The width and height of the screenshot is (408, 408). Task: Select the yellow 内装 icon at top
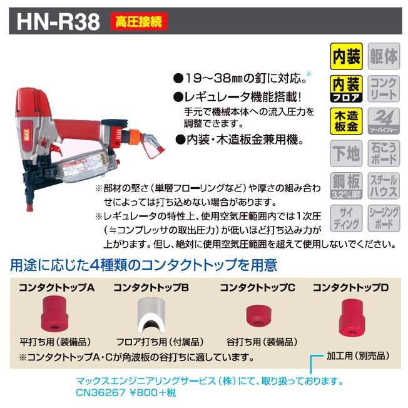[345, 58]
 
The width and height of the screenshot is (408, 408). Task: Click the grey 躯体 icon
[383, 58]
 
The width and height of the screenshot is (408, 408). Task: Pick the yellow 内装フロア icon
[345, 89]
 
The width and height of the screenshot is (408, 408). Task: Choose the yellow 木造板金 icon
[345, 121]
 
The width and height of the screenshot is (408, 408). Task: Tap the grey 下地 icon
[345, 152]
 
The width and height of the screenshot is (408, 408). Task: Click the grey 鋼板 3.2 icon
[345, 184]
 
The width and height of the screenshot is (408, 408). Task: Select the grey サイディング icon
[345, 217]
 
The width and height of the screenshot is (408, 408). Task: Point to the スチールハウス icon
[383, 184]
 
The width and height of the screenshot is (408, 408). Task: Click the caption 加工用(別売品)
[357, 355]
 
